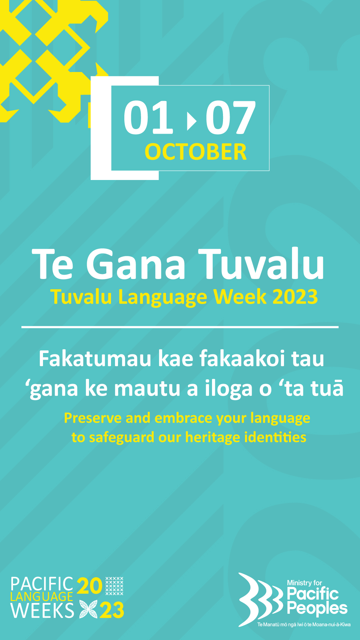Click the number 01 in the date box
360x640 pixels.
148,117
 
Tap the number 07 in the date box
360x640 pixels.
231,117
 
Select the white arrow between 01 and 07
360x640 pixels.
192,121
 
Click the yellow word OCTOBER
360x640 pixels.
196,152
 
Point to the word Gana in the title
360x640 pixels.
136,264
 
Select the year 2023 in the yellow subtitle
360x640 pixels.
295,296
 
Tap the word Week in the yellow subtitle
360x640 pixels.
240,296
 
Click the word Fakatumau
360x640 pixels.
95,359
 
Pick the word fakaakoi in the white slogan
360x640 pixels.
242,359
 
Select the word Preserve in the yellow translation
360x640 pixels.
93,418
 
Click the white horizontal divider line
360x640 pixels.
180,327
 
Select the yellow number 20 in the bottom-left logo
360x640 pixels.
89,586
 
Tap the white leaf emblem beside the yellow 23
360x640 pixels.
88,609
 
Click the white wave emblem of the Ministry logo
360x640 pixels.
260,599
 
